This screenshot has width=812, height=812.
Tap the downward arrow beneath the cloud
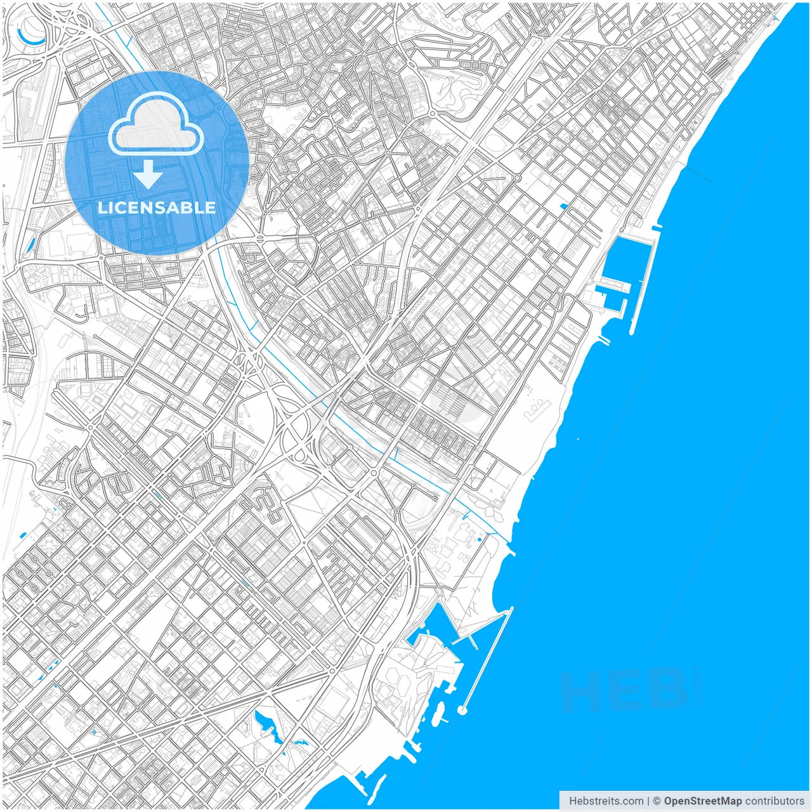pyautogui.click(x=148, y=174)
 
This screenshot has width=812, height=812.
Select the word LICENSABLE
pyautogui.click(x=157, y=207)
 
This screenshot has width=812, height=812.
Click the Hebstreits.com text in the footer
pyautogui.click(x=606, y=801)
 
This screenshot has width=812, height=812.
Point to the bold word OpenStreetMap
pyautogui.click(x=702, y=801)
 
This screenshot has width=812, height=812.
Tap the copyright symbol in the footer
pyautogui.click(x=657, y=801)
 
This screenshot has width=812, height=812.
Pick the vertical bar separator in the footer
pyautogui.click(x=648, y=801)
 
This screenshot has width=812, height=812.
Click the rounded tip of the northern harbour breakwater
pyautogui.click(x=632, y=331)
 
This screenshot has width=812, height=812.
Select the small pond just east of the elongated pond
pyautogui.click(x=299, y=743)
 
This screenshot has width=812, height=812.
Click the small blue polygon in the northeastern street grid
pyautogui.click(x=563, y=206)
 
